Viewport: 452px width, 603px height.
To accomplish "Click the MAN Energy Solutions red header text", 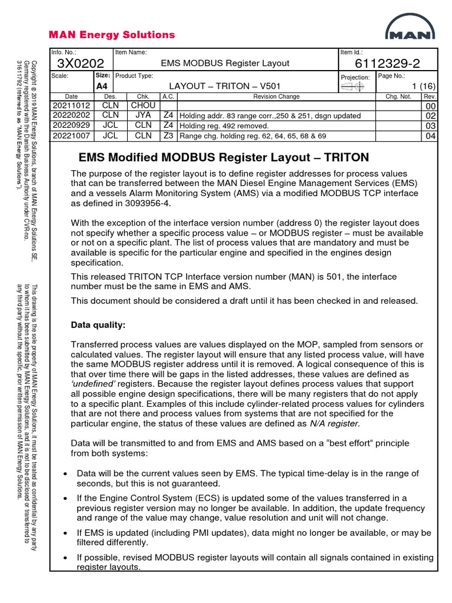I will (112, 35).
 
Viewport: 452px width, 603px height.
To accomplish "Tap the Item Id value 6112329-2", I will (388, 64).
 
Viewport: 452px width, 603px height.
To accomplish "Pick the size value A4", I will (102, 86).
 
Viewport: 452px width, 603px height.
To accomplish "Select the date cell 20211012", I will (72, 105).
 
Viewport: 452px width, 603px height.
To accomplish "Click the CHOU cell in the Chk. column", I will (143, 105).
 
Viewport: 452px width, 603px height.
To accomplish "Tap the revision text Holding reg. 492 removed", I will (224, 125).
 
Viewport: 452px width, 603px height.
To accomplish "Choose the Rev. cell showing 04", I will (431, 136).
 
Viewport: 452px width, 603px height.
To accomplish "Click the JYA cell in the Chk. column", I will (143, 115).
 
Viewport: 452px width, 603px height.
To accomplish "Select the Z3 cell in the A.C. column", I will (168, 135).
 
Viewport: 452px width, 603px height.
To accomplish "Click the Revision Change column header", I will (276, 96).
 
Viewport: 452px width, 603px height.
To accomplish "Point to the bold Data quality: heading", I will (98, 324).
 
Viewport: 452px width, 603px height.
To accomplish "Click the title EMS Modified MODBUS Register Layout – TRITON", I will (224, 157).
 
